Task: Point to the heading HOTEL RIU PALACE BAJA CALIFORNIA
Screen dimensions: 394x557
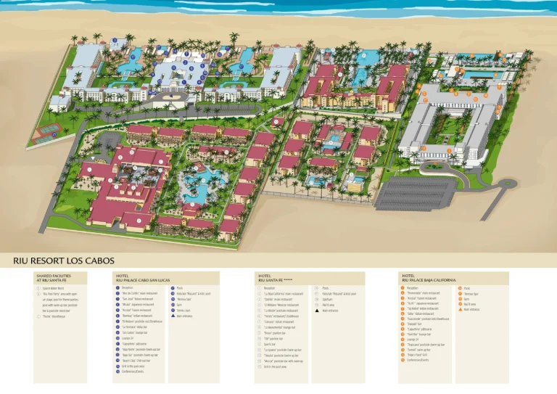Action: coord(429,278)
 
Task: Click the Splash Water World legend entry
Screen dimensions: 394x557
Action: coord(55,288)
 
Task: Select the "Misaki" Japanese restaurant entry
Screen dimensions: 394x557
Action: coord(138,305)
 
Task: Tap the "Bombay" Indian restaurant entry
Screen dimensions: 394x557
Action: coord(137,316)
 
